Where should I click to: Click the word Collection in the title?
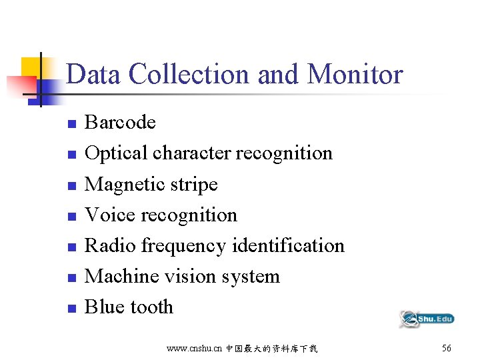coord(189,74)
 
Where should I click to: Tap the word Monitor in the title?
coord(355,74)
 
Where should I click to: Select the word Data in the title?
coord(94,74)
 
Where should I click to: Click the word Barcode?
coord(120,123)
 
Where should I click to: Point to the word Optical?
coord(116,153)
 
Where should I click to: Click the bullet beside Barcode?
coord(71,124)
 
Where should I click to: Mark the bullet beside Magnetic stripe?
coord(71,185)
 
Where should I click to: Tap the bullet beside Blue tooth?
coord(71,308)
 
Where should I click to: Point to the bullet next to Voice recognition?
coord(71,216)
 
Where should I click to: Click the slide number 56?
coord(446,348)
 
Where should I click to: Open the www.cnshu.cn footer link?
coord(193,349)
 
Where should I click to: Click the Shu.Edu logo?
coord(426,319)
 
